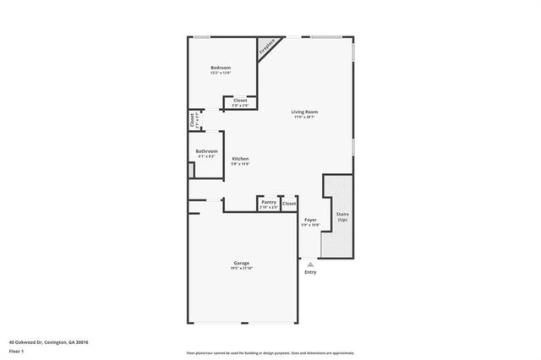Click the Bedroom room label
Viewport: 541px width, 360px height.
pos(221,68)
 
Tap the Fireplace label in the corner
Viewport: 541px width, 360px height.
pos(267,47)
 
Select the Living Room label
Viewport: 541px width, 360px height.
pos(305,112)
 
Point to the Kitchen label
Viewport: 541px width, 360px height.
pos(240,159)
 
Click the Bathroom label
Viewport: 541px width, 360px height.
pos(207,151)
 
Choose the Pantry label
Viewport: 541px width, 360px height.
pos(269,202)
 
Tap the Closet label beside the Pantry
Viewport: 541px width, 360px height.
pos(289,204)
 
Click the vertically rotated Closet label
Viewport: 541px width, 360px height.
pos(193,122)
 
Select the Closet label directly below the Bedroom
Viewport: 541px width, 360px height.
pos(240,101)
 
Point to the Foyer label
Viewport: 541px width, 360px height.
pos(311,220)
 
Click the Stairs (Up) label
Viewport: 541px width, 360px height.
pos(342,217)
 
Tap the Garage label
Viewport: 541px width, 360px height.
pos(242,263)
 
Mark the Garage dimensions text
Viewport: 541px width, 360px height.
pos(242,268)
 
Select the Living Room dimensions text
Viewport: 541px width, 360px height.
pos(305,117)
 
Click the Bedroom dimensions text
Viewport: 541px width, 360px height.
pos(221,73)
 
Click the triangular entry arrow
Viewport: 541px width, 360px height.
pos(310,265)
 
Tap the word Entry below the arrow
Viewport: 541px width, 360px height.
pos(310,272)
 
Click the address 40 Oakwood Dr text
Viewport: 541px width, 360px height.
pos(48,342)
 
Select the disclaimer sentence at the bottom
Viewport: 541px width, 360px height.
pos(270,352)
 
